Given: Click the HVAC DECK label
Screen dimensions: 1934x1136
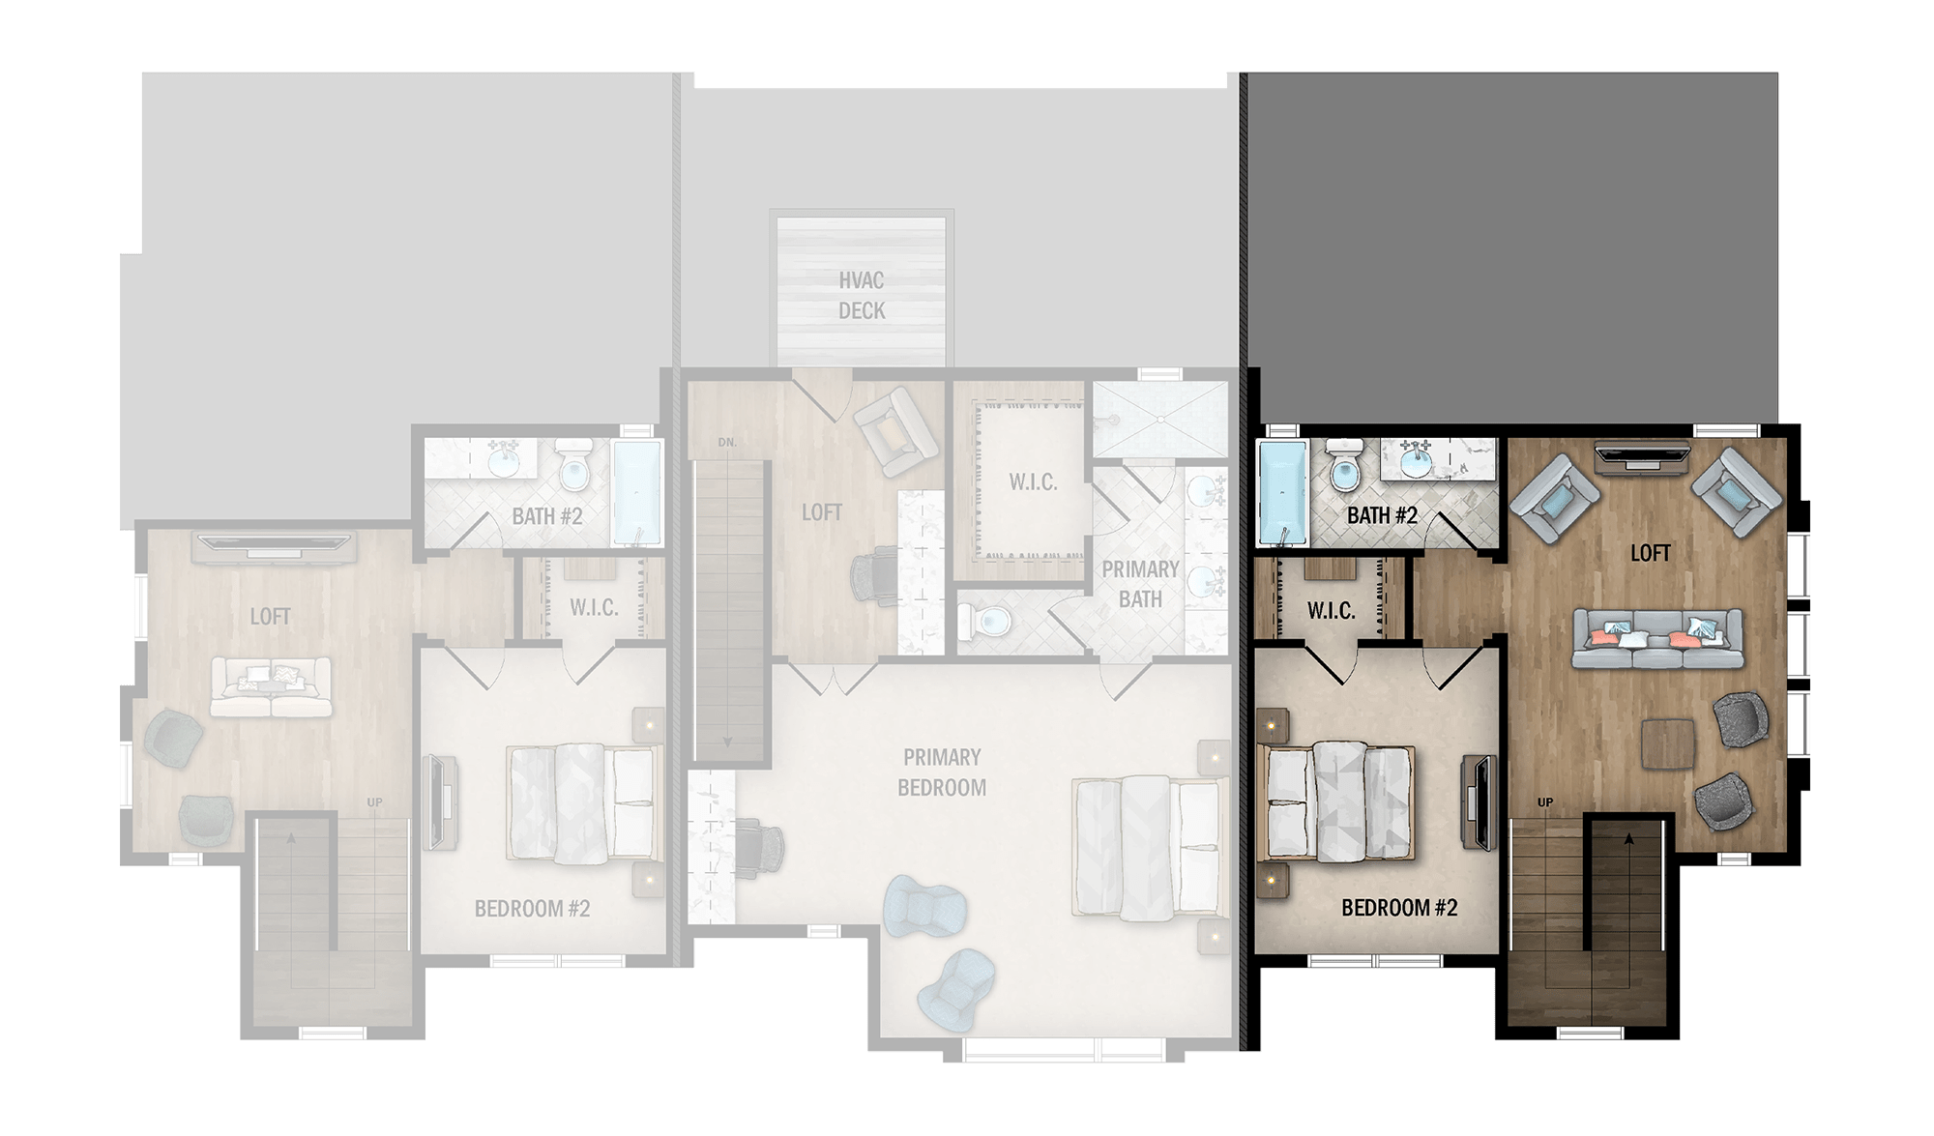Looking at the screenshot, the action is pos(862,295).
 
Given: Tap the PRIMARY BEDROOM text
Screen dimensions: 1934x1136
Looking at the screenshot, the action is pos(942,772).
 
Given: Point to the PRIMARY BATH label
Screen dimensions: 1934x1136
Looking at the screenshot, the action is pos(1140,584).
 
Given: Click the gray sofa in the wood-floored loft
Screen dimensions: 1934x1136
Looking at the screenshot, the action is pos(1657,638).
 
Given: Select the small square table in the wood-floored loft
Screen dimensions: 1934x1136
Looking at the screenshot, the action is pos(1667,744).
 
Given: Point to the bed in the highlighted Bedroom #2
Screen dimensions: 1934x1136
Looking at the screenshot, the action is pos(1338,801).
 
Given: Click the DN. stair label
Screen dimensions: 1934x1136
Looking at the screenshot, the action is pos(727,443).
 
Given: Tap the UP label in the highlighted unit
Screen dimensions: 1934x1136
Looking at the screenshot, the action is pos(1545,802).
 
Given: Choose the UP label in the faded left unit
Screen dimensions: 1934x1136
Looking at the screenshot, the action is pos(374,802).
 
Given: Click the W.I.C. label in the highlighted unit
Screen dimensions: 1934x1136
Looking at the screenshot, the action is pos(1331,611).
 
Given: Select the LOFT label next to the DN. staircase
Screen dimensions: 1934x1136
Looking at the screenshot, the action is pos(821,512).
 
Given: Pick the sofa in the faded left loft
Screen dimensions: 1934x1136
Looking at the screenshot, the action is pos(271,687).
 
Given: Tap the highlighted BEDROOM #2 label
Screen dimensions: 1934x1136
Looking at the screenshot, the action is pos(1399,908).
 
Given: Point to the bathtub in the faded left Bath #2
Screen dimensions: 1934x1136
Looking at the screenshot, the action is pos(637,491).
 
